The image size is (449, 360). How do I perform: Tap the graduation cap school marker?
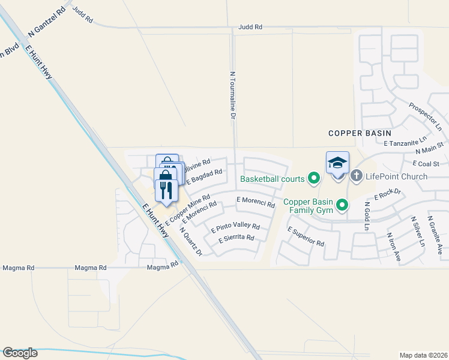click(x=337, y=163)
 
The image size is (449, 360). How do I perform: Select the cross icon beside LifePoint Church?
click(x=356, y=176)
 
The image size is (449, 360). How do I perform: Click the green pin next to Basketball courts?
click(x=313, y=178)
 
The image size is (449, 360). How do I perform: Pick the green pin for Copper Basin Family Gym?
click(x=342, y=205)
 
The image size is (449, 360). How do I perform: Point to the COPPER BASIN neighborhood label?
click(x=360, y=133)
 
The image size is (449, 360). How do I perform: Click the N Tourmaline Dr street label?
click(x=232, y=95)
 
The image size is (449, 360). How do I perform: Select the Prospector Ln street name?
click(x=425, y=117)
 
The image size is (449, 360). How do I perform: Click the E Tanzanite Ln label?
click(x=408, y=143)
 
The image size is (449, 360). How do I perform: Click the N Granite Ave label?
click(x=435, y=236)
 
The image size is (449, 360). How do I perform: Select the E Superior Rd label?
click(x=306, y=236)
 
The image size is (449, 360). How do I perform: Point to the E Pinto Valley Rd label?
click(x=235, y=227)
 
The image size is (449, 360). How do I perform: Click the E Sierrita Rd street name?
click(x=236, y=238)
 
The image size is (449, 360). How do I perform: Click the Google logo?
click(x=20, y=353)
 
